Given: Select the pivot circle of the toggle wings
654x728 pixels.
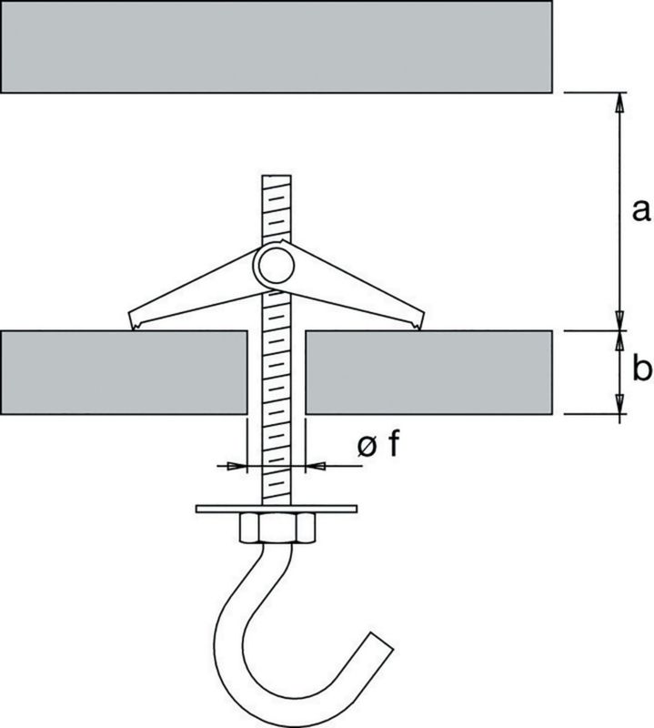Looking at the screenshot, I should tap(274, 264).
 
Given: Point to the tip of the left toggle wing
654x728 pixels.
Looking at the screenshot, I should tap(134, 322).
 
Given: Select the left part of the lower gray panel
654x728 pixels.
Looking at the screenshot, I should tap(123, 371).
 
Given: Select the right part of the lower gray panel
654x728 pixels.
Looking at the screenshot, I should tap(428, 371).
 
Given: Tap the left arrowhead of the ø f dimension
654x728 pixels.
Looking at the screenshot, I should tap(239, 465).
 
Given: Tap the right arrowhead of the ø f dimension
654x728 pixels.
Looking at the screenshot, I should tap(312, 465).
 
